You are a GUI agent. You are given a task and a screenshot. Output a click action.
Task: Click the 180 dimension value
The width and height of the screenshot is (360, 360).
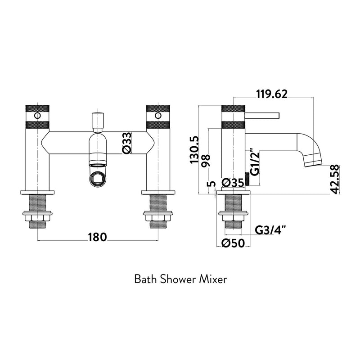(x=97, y=237)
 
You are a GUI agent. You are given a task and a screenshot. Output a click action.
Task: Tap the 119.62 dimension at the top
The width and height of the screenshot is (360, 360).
(x=272, y=94)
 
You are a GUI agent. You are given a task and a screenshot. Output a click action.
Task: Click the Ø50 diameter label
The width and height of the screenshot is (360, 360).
(x=233, y=243)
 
